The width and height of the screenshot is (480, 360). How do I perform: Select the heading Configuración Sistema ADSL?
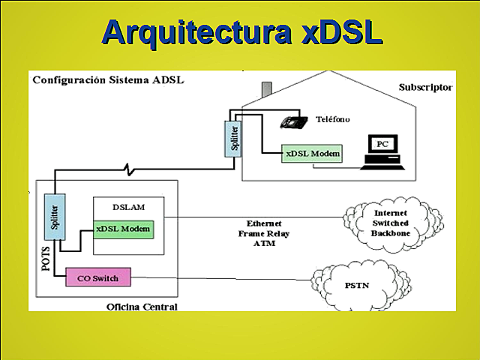pyautogui.click(x=108, y=79)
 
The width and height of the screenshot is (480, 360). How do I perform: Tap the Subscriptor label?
pyautogui.click(x=425, y=88)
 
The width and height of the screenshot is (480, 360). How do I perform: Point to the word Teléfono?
pyautogui.click(x=332, y=119)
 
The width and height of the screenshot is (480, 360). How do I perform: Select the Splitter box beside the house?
pyautogui.click(x=234, y=140)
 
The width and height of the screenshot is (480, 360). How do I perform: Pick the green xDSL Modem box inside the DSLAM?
pyautogui.click(x=124, y=229)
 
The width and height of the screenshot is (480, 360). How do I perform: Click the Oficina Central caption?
pyautogui.click(x=142, y=306)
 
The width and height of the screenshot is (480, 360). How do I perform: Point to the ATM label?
pyautogui.click(x=265, y=243)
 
